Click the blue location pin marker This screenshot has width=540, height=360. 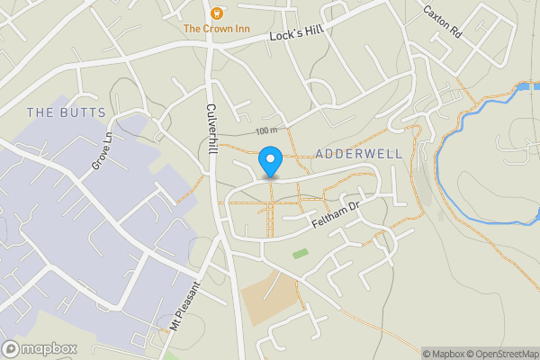[x=270, y=160]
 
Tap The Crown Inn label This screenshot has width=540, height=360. [x=216, y=29]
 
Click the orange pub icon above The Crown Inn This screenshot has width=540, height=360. [x=216, y=13]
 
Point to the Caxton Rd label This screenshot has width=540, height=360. [x=442, y=21]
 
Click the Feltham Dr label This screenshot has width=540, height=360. [x=337, y=213]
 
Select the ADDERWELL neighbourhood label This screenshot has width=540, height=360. [x=359, y=155]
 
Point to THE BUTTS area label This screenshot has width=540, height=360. [x=67, y=112]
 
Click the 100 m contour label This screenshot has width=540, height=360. [x=266, y=131]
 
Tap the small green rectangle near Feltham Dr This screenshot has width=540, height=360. [x=300, y=254]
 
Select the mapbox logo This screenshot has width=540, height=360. [x=40, y=348]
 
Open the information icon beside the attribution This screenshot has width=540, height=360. [x=414, y=354]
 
